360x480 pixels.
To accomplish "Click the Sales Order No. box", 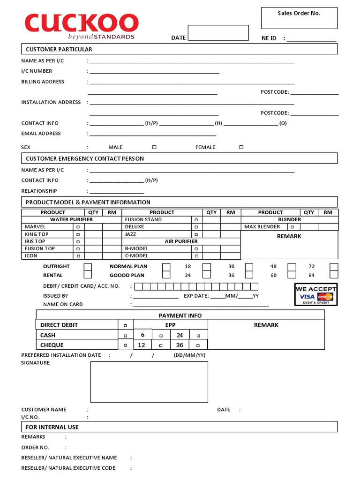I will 299,18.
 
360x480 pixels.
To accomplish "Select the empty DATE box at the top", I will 218,33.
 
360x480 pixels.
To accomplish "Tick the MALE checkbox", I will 154,147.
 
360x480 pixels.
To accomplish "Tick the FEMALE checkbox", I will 241,147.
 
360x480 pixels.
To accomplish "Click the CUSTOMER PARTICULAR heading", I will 59,49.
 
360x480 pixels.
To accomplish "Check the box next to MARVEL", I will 78,227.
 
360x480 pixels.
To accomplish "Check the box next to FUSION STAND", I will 196,220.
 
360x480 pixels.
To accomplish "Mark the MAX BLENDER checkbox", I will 292,227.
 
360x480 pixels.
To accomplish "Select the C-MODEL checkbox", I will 196,256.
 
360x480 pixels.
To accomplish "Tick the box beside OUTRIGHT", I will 88,267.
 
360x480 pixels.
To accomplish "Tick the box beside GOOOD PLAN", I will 166,276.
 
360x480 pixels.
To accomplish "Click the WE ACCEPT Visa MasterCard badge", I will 315,294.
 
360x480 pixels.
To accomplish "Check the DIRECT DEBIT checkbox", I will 125,325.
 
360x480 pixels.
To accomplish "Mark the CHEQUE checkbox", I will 125,345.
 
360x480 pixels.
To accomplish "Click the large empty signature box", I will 149,382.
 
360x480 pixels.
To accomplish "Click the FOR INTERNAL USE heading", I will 52,427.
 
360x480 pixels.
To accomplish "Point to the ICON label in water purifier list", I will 31,256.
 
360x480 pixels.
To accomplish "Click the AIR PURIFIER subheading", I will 181,241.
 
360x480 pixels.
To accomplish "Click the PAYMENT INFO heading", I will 180,315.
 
